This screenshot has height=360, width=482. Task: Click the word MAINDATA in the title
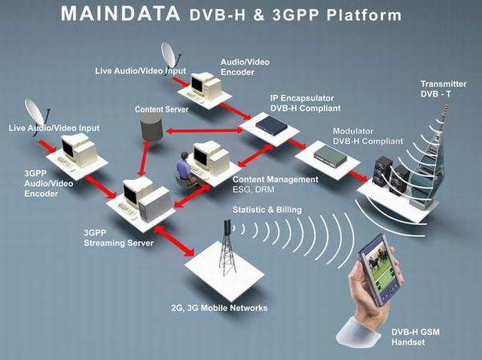click(x=121, y=14)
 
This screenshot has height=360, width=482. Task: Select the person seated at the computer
click(x=184, y=166)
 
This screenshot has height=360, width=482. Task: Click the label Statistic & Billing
click(x=267, y=209)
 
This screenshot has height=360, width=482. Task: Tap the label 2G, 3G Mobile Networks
click(x=218, y=308)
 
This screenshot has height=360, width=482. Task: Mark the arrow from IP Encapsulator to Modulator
click(x=298, y=143)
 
